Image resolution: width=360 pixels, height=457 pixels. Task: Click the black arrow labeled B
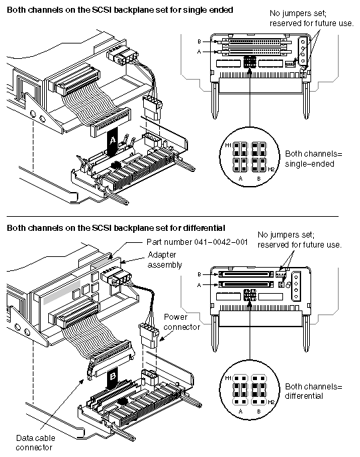(x=112, y=378)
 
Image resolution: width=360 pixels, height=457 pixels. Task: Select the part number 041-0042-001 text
(x=197, y=242)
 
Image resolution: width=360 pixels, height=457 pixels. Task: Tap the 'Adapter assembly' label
(x=165, y=260)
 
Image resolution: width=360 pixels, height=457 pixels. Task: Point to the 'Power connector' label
(x=181, y=322)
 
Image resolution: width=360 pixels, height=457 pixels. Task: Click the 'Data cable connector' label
(x=35, y=442)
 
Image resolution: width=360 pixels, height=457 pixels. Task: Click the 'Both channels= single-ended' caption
(x=313, y=159)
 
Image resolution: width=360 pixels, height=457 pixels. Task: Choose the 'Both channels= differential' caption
(x=313, y=391)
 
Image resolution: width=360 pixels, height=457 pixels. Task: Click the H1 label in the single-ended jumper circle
(x=228, y=145)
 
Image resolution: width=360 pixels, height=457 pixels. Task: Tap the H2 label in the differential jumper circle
(x=271, y=402)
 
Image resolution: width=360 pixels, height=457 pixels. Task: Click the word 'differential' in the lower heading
(x=204, y=227)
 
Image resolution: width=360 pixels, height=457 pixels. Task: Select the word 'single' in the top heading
(x=195, y=10)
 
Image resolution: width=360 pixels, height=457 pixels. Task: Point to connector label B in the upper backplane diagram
(x=199, y=41)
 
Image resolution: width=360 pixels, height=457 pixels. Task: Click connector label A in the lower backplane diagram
(x=199, y=285)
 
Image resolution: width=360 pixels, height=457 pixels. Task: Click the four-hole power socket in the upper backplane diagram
(x=302, y=52)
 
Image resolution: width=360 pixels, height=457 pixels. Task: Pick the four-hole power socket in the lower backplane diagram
(x=296, y=286)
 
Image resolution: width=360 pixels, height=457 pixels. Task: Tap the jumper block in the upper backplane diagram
(x=250, y=62)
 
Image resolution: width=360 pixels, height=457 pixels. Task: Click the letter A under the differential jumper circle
(x=240, y=412)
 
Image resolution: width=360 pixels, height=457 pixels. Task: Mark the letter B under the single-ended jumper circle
(x=259, y=179)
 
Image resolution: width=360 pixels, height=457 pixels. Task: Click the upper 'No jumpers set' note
(x=311, y=18)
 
